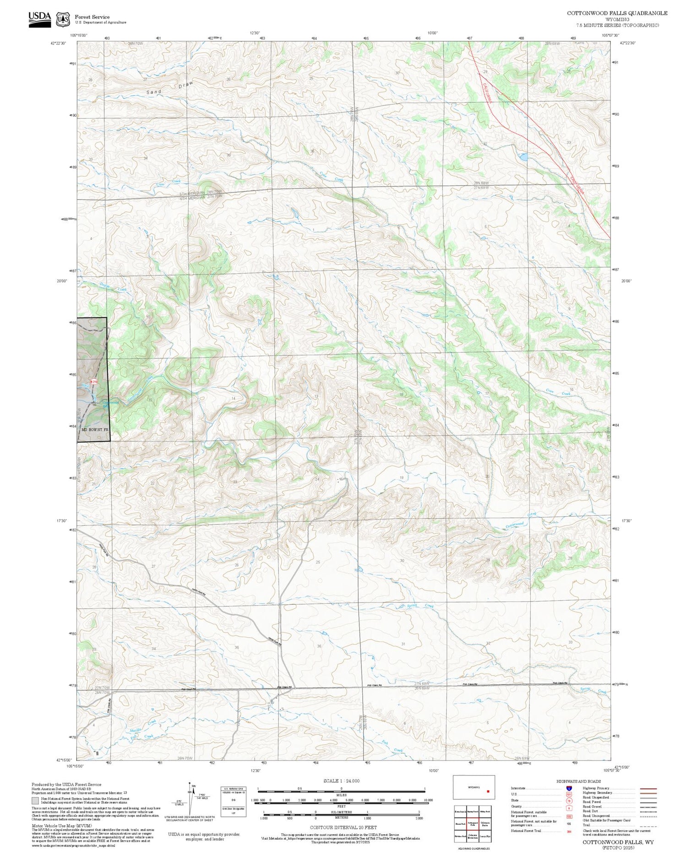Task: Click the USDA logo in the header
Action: coord(39,19)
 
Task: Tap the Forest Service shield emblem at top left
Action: coord(62,19)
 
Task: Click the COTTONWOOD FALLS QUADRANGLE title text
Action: coord(617,13)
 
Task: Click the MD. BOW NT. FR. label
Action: coord(95,430)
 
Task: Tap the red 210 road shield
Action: coord(93,381)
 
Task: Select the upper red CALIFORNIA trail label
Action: coord(486,93)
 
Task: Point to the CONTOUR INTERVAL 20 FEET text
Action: coord(343,827)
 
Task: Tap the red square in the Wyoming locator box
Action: coord(488,791)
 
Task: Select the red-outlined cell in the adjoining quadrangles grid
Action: coord(473,823)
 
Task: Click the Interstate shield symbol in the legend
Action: coord(569,788)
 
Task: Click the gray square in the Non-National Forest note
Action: coord(35,801)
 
